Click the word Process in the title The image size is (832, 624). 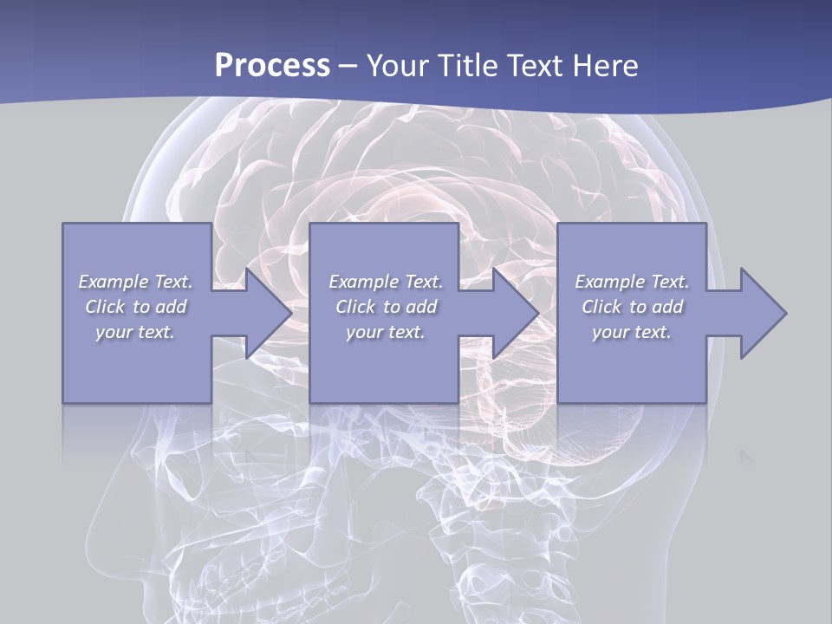pos(272,65)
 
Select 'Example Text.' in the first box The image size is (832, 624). pos(136,282)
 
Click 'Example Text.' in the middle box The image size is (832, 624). pos(386,282)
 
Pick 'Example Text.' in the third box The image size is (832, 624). pos(632,282)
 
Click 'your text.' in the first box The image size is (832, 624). pos(135,332)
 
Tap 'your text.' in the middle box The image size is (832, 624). pos(386,332)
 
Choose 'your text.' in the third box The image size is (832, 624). pos(632,332)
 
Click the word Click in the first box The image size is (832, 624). pos(105,307)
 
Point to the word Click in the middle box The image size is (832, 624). pos(355,307)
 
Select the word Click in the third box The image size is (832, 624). pos(601,307)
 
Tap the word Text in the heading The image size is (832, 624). pos(535,65)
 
